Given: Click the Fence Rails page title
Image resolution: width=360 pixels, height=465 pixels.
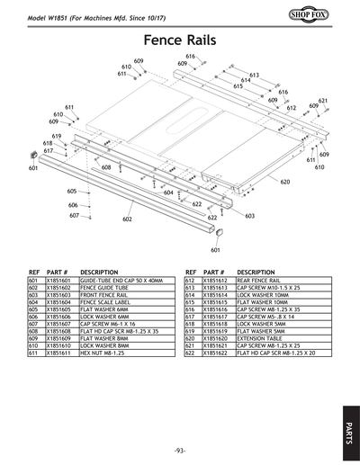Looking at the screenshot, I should tap(180, 40).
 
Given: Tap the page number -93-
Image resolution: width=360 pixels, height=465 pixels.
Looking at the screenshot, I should tap(180, 450).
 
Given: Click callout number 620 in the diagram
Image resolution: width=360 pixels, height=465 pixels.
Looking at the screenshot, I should tap(285, 182).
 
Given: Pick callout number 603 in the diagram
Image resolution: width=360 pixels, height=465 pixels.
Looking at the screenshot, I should tap(249, 216).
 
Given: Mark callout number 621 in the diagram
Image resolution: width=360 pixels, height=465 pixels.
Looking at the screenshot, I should tap(322, 101).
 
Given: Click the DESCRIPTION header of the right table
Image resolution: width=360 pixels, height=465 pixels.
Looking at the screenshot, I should tap(256, 271).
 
